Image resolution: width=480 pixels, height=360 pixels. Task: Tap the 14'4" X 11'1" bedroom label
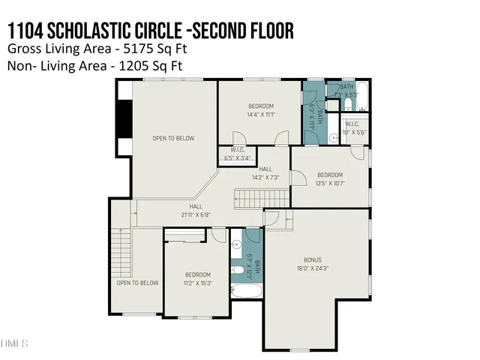click(260, 110)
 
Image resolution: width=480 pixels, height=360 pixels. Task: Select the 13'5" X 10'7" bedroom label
click(329, 178)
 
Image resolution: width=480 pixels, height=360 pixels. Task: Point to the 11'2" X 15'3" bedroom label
click(198, 279)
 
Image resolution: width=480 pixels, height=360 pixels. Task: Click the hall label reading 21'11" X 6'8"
click(196, 211)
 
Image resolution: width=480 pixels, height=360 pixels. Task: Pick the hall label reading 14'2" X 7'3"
click(265, 173)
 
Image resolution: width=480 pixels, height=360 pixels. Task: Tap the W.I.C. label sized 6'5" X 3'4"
click(237, 154)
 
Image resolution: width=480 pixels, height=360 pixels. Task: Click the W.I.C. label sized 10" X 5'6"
click(353, 128)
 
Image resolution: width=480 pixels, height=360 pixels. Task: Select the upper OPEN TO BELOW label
click(173, 138)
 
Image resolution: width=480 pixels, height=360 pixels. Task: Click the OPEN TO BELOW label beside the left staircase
click(137, 283)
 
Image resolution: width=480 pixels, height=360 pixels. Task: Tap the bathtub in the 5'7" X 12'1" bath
click(246, 291)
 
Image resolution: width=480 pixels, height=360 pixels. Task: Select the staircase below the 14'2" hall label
click(263, 199)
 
